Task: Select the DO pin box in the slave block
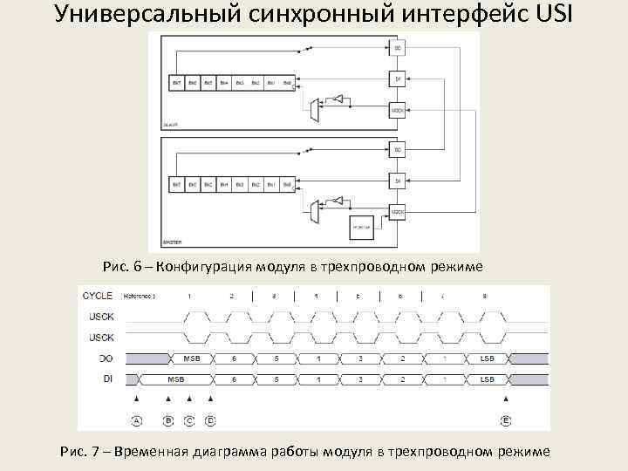click(397, 48)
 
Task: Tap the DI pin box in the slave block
click(397, 79)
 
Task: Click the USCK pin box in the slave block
click(397, 111)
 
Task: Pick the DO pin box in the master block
click(397, 151)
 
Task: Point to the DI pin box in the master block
click(397, 181)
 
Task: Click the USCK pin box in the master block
click(397, 213)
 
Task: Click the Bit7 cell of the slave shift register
click(175, 84)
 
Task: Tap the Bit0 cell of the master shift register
click(287, 185)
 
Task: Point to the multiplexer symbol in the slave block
click(316, 109)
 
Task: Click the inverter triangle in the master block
click(338, 200)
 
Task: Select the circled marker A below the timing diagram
click(136, 420)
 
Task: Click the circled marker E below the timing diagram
click(506, 420)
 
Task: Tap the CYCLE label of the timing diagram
click(98, 297)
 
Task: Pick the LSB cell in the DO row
click(487, 358)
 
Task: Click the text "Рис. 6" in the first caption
click(122, 265)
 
